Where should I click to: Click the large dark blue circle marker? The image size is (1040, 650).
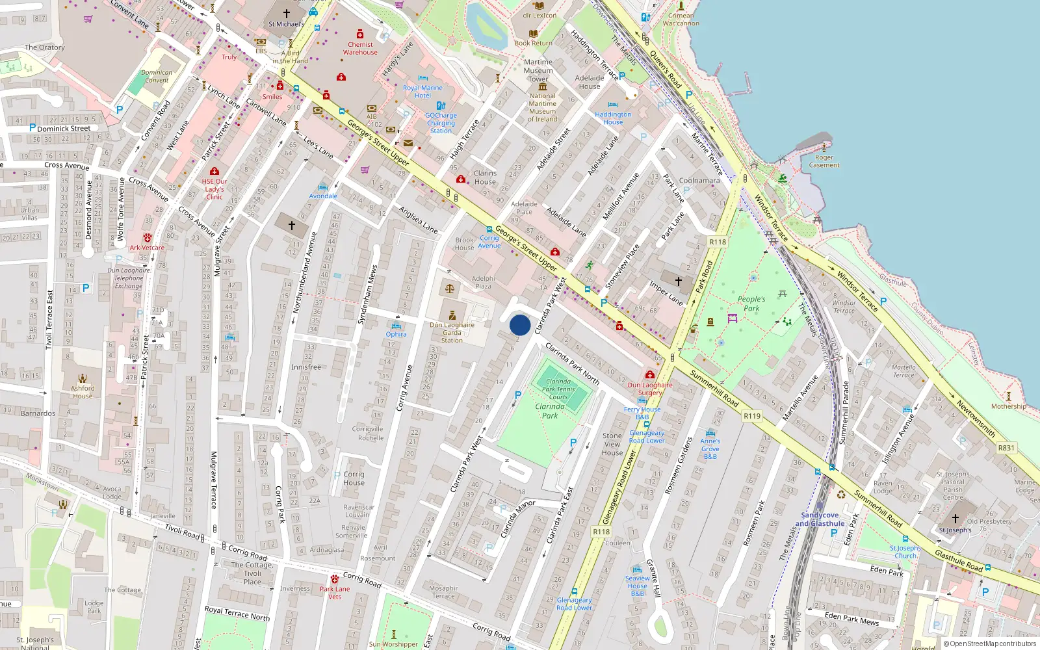click(x=520, y=325)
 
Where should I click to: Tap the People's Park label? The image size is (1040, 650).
click(x=751, y=304)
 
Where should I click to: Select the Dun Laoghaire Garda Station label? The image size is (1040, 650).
click(x=452, y=332)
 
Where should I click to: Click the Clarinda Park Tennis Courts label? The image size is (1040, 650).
click(x=558, y=389)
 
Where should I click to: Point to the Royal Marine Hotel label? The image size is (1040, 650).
click(x=422, y=92)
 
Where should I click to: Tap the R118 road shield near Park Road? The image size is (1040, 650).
click(x=718, y=242)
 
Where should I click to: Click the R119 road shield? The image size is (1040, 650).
click(x=752, y=416)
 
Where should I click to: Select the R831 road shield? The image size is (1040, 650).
click(x=1006, y=448)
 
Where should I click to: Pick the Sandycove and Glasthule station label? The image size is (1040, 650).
click(x=820, y=519)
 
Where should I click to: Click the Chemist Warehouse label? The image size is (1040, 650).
click(x=360, y=49)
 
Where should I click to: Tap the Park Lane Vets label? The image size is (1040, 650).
click(x=335, y=593)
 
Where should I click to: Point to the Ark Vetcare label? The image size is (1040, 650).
click(x=147, y=248)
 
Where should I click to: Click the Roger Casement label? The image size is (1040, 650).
click(x=824, y=161)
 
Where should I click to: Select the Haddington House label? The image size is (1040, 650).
click(x=613, y=118)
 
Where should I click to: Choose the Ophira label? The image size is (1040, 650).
click(x=396, y=334)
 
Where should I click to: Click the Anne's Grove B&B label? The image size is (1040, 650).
click(x=710, y=448)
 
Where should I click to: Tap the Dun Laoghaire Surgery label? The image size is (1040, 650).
click(x=650, y=389)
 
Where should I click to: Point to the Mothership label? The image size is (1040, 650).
click(x=1009, y=406)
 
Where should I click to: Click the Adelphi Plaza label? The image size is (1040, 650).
click(x=483, y=282)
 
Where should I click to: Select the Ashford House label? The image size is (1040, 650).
click(x=83, y=392)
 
